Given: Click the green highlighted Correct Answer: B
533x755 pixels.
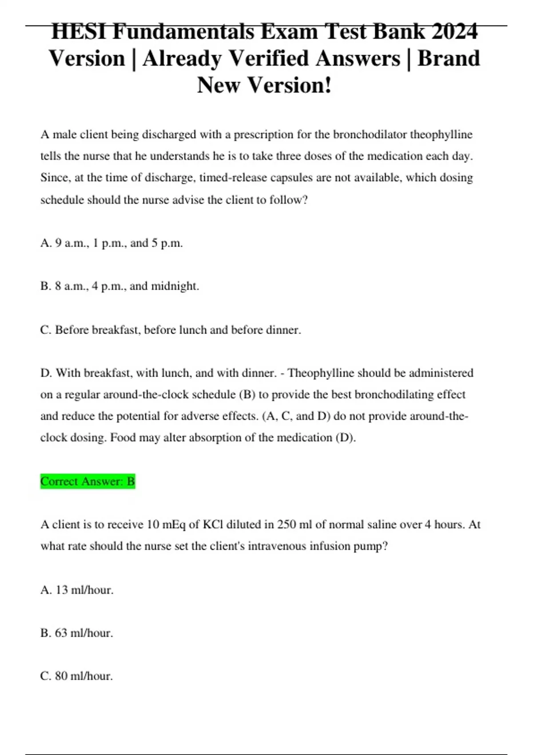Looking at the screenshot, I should point(88,481).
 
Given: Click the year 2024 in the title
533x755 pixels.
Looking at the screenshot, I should point(454,32).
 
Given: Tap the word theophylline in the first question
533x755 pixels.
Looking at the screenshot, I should point(441,134).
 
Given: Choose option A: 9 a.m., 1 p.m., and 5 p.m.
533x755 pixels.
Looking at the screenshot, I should point(111,243).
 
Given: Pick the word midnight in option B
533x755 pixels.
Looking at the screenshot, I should point(175,286).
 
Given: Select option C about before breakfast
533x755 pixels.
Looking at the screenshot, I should point(171,330).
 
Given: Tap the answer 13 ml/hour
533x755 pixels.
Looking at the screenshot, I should point(77,590).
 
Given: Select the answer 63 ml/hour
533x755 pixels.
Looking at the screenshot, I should point(77,633).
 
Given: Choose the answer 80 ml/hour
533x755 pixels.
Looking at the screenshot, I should point(77,676).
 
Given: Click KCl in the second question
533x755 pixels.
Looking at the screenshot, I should point(213,525).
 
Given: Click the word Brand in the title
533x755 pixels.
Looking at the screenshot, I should point(449,59).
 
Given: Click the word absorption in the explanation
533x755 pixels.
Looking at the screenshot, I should point(215,438).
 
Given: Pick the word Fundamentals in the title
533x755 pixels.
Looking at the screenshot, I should point(184,32).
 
